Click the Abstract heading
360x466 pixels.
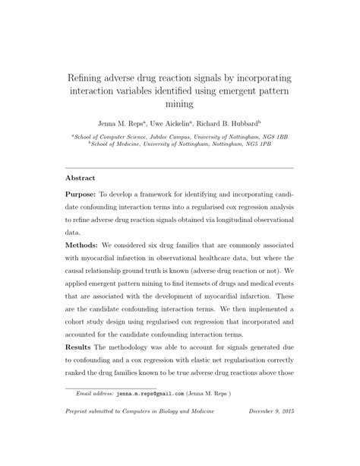pos(80,179)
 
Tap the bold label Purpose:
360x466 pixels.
pos(82,195)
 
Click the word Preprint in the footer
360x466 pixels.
pos(80,433)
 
